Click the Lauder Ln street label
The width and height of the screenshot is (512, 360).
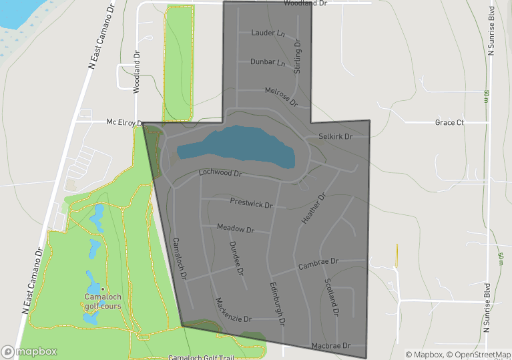tap(268, 33)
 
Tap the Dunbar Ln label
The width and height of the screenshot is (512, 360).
tap(268, 62)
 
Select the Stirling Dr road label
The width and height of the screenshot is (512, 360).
tap(298, 56)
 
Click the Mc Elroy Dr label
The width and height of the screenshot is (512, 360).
tap(125, 123)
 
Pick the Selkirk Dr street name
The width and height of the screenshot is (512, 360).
tap(334, 136)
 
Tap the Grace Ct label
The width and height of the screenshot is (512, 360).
tap(449, 123)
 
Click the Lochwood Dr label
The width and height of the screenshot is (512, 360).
tap(220, 173)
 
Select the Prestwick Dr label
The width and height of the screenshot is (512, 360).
tap(252, 202)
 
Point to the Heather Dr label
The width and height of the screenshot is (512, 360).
tap(313, 209)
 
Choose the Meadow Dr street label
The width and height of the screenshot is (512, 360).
tap(236, 229)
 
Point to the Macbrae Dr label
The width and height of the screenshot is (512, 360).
tap(330, 346)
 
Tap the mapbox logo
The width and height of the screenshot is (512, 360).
tap(29, 351)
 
